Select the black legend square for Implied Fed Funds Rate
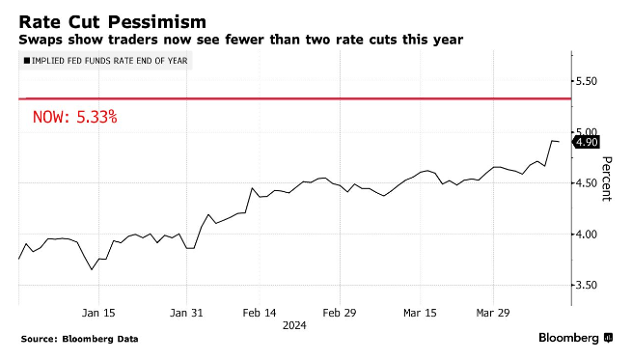pos(25,62)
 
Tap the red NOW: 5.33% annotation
pos(74,118)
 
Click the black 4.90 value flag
pos(588,143)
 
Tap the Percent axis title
pos(607,179)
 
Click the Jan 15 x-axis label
pos(99,313)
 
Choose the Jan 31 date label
pos(186,313)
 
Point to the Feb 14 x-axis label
pos(258,313)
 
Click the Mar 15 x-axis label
pos(421,313)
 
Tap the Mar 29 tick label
pos(493,313)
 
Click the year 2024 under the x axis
pos(294,326)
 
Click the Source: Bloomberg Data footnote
pos(80,339)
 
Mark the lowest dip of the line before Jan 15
pos(92,269)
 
